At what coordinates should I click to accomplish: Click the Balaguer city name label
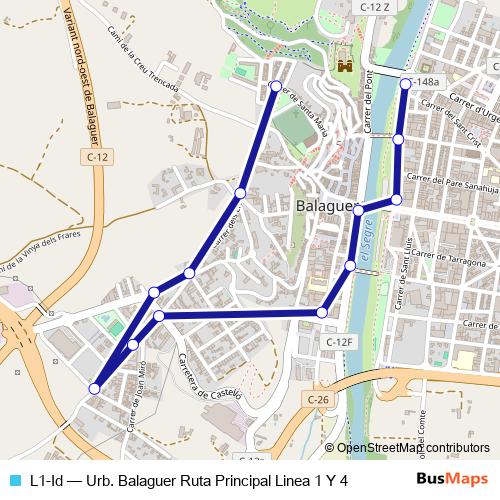(327, 206)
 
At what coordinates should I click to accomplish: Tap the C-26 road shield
(317, 400)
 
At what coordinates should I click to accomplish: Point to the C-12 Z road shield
(372, 6)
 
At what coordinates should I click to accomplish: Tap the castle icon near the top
(346, 64)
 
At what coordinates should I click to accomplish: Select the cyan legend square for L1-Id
(13, 480)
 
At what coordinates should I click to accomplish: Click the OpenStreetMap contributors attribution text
(412, 448)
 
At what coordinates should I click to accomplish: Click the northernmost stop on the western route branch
(276, 86)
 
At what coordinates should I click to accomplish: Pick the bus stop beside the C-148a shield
(405, 84)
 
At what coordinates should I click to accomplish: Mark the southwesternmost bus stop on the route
(94, 388)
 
